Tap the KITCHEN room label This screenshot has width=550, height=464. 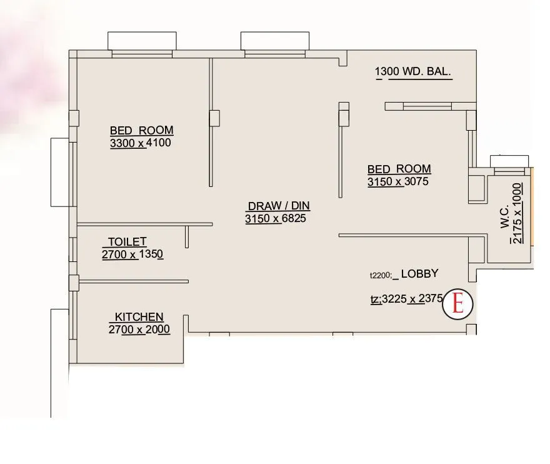coord(139,317)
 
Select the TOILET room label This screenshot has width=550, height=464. coord(127,241)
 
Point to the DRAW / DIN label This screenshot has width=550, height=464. coord(279,206)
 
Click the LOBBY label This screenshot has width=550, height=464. coord(419,273)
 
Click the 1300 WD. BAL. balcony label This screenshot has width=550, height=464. coord(413,72)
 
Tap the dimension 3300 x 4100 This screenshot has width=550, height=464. coord(140,143)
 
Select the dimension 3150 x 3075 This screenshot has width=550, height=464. coord(398,181)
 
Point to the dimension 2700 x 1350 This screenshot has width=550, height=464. coord(132,255)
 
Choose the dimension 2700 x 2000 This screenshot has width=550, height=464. coord(139,330)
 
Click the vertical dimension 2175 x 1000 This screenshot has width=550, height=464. coord(517,213)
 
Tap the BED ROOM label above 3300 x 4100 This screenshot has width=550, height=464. coord(142,131)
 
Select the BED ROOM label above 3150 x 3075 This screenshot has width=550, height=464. coord(399,169)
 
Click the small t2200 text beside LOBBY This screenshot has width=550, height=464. coord(381,275)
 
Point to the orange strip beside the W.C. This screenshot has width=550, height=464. coord(532,206)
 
